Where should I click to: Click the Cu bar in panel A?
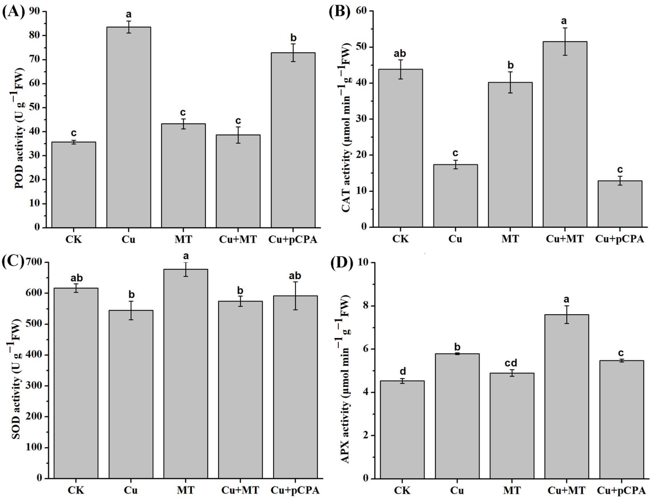pyautogui.click(x=129, y=128)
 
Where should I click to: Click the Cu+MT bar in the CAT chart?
pyautogui.click(x=565, y=134)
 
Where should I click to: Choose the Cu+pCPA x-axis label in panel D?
pyautogui.click(x=622, y=490)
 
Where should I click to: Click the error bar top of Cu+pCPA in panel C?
pyautogui.click(x=295, y=282)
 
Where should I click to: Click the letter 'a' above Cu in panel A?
pyautogui.click(x=129, y=14)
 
